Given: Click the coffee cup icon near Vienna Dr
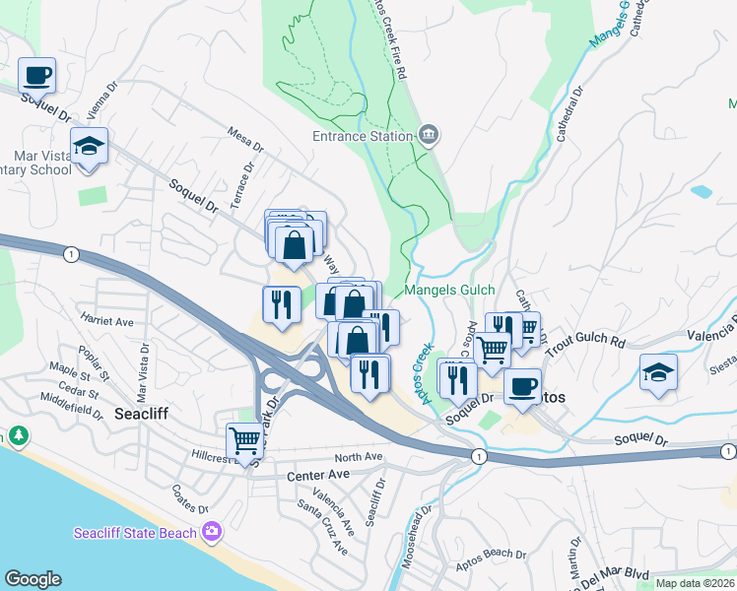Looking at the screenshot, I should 36,75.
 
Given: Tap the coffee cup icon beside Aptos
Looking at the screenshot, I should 523,385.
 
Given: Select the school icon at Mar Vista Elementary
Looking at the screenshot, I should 90,148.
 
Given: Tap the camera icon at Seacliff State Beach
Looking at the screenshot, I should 211,533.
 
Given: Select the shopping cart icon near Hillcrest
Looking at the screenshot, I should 243,440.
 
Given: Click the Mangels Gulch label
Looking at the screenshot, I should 447,291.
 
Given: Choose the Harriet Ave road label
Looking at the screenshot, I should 107,321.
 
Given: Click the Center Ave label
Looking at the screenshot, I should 319,475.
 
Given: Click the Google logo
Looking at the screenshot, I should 33,578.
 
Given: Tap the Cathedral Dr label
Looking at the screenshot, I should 570,114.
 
